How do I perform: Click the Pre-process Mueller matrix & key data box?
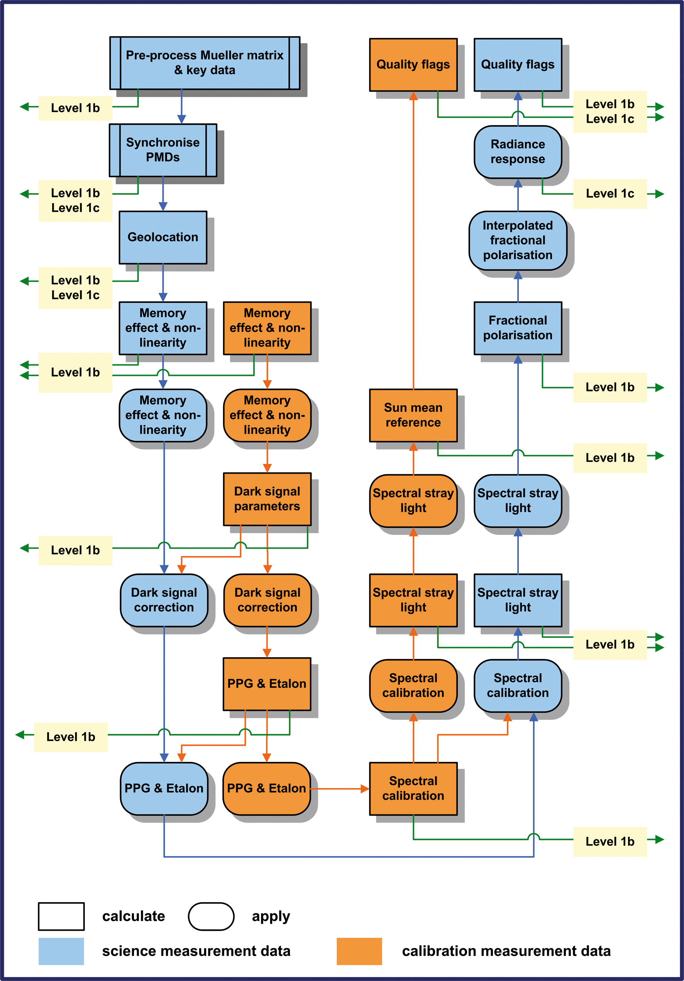[205, 63]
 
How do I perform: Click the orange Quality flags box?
[413, 65]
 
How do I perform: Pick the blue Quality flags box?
[518, 65]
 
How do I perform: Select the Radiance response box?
[518, 152]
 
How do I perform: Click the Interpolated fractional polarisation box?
[518, 240]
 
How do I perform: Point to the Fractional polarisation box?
[518, 328]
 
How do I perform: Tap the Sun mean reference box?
[413, 415]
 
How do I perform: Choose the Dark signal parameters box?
[267, 499]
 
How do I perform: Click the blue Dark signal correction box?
[164, 600]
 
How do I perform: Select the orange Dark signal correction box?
[267, 600]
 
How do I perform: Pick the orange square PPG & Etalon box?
[267, 683]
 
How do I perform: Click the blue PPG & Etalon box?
[164, 788]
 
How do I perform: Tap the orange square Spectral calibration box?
[413, 788]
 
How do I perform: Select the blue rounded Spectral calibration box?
[518, 685]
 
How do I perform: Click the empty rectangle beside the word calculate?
[61, 916]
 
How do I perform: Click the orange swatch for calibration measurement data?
[359, 951]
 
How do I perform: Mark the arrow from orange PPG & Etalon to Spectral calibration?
[339, 789]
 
